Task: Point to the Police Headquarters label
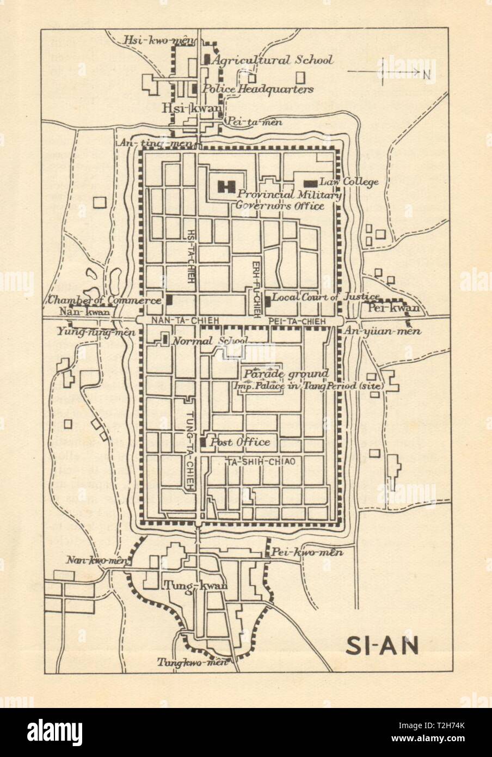click(258, 89)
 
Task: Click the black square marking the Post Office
click(202, 443)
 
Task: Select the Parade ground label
click(286, 374)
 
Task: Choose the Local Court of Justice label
click(325, 297)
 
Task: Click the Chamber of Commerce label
click(104, 300)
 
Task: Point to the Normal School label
click(209, 341)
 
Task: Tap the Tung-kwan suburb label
click(194, 585)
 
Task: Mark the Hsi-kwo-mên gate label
click(151, 39)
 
